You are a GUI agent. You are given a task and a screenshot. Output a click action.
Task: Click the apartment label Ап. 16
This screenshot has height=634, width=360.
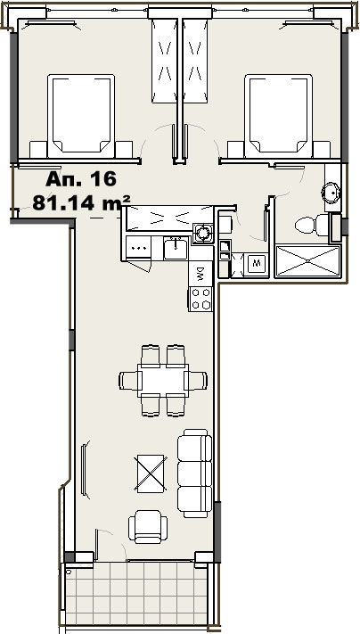click(x=81, y=178)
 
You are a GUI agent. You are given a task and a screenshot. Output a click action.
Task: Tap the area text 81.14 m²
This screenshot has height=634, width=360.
click(x=81, y=202)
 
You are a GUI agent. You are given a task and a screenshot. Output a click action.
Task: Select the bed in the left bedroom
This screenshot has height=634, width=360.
click(x=81, y=116)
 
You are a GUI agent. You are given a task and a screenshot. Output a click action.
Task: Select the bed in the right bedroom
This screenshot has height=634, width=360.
click(x=278, y=116)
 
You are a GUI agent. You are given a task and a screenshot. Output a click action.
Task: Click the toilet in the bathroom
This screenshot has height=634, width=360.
click(x=312, y=225)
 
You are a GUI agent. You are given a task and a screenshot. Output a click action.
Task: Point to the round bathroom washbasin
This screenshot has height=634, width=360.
click(x=331, y=193)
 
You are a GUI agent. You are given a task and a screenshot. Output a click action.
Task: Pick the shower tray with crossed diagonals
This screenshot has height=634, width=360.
click(x=308, y=260)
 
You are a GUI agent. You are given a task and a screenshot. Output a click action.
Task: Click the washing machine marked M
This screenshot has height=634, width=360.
click(x=256, y=265)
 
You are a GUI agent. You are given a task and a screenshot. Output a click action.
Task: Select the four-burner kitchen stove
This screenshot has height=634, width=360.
click(x=200, y=299)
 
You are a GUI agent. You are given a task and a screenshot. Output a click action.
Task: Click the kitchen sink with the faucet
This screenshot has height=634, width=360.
click(x=176, y=249)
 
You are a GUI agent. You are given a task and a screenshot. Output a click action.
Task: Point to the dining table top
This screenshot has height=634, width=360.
click(x=163, y=380)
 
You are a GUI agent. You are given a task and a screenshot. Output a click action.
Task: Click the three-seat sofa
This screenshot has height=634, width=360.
click(x=195, y=473)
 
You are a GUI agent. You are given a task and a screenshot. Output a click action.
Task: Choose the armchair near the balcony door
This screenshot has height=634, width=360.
click(x=148, y=527)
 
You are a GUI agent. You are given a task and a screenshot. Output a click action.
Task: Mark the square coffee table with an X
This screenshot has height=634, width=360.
click(x=151, y=473)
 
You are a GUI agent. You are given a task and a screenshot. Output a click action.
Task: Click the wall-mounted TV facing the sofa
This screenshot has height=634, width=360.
click(x=84, y=470)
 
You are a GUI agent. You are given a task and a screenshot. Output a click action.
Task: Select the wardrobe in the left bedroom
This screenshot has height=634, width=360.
click(x=165, y=61)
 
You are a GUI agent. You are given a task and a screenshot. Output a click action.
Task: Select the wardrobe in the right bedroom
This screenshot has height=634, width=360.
click(x=195, y=61)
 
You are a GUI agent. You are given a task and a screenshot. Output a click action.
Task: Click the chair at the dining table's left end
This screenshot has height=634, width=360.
click(x=130, y=381)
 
